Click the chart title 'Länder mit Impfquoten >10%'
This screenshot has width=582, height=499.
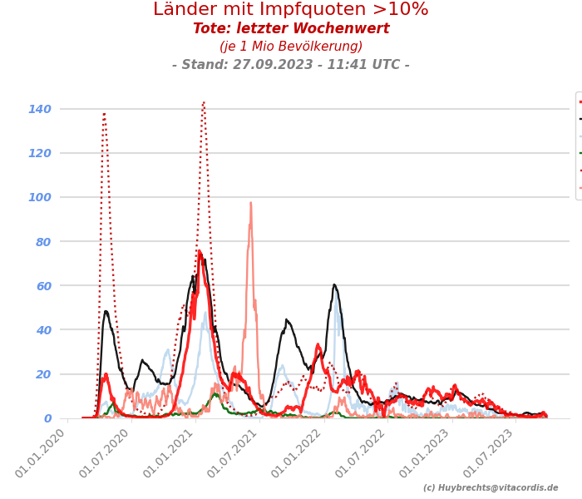coord(291,10)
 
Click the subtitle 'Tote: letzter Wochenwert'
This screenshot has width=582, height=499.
coord(291,29)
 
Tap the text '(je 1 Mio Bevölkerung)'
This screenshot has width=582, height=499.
coord(291,47)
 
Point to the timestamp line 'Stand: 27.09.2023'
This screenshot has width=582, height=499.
coord(291,65)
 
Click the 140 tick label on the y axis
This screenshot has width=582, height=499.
coord(40,109)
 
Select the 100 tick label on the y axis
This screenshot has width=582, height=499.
coord(40,197)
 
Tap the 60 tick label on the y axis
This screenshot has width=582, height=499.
coord(43,285)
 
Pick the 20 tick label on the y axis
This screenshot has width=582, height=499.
coord(43,373)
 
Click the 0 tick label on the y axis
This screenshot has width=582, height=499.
coord(47,418)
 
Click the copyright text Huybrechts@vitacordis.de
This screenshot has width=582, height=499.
coord(491,488)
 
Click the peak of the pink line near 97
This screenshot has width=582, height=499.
coord(250,203)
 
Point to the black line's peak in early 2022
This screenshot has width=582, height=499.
coord(334,285)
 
